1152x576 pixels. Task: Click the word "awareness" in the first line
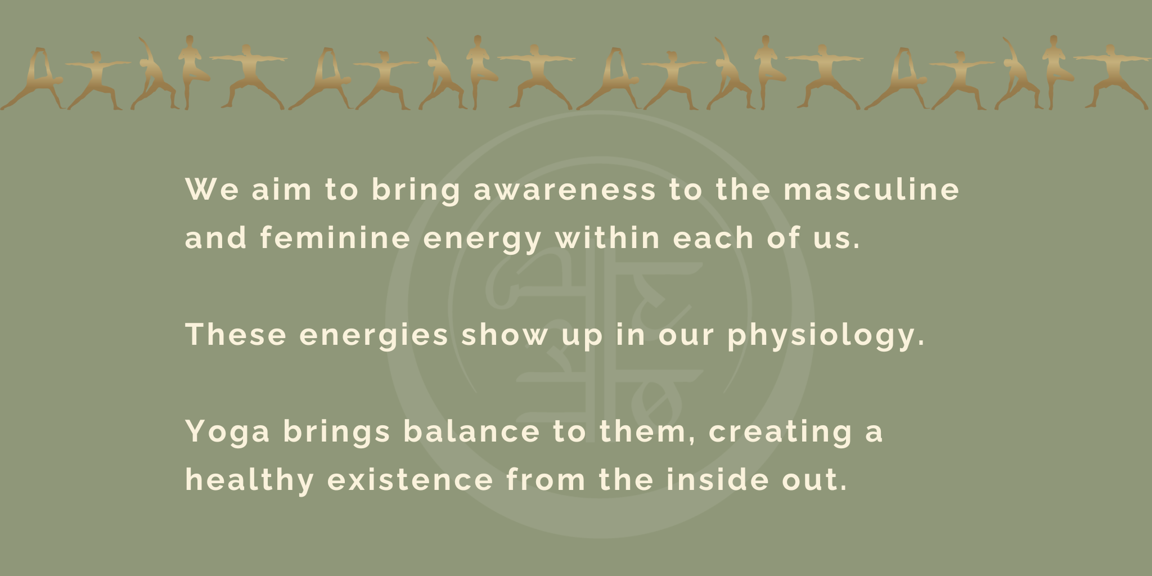pos(565,190)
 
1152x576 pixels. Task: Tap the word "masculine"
pos(871,190)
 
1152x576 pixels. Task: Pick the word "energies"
pos(374,336)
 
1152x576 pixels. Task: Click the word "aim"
pos(281,190)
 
